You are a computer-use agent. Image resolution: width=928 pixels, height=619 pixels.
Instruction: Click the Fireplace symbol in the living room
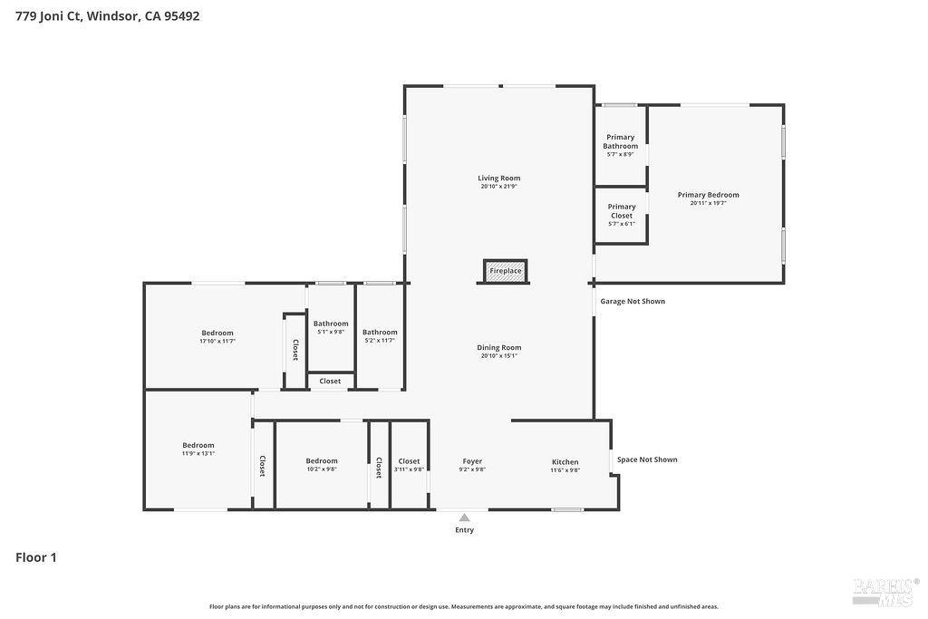[505, 271]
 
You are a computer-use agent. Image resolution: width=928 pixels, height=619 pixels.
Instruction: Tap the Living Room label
[499, 179]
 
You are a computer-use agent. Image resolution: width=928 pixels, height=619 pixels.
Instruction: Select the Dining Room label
[499, 347]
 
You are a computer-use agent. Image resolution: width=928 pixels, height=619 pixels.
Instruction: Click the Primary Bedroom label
[708, 195]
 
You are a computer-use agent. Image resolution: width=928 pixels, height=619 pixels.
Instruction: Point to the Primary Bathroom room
[621, 145]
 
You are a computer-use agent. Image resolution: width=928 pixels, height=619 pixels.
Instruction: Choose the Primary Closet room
[621, 215]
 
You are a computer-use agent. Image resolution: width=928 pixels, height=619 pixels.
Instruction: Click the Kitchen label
[565, 462]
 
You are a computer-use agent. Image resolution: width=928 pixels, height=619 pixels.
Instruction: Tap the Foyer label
[472, 461]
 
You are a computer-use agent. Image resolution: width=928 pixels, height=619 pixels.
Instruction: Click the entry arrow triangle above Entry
[464, 517]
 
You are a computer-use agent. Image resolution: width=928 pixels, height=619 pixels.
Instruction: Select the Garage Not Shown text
[633, 301]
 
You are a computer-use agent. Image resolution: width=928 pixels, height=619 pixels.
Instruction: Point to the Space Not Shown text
[647, 459]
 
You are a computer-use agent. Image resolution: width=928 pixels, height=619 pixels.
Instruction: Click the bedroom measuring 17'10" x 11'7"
[217, 336]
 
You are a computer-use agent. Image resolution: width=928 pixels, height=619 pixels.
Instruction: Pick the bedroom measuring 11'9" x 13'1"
[198, 449]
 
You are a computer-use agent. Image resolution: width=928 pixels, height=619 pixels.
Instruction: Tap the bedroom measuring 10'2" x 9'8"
[321, 464]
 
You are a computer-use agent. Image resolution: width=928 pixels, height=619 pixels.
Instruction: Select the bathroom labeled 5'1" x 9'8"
[331, 327]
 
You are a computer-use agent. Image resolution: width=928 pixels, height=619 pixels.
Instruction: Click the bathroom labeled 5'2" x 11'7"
[380, 335]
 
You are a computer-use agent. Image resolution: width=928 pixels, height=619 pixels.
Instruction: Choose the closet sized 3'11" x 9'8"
[409, 464]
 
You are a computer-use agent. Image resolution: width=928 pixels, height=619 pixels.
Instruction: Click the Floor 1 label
[36, 557]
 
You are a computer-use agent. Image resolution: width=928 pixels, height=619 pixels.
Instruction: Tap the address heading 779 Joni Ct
[107, 16]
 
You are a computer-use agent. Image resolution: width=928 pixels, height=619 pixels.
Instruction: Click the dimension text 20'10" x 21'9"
[499, 187]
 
